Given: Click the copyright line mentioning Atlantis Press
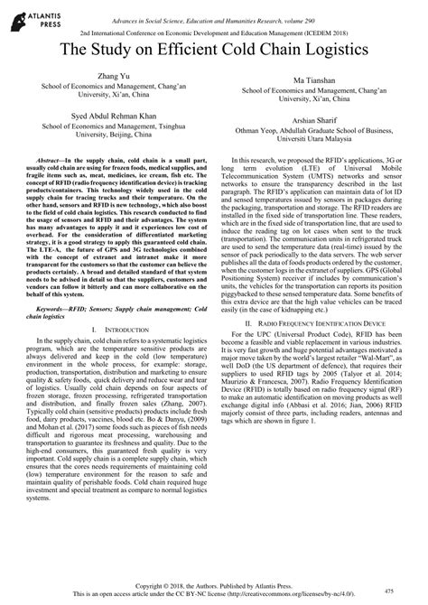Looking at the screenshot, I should click(215, 587).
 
